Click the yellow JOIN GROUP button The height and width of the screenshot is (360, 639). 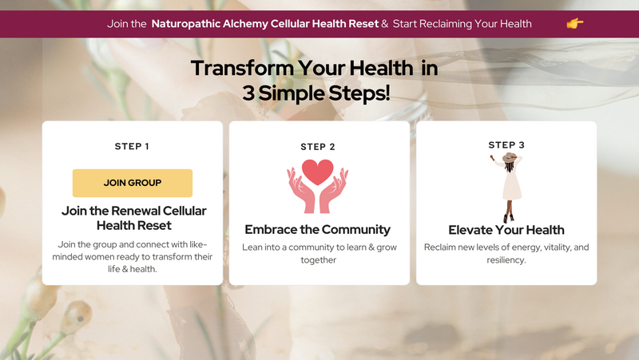[133, 183]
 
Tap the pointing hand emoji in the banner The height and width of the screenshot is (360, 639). [574, 24]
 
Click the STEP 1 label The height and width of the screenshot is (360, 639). [132, 146]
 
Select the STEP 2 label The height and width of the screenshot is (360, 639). [318, 147]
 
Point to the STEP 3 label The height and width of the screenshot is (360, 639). [506, 145]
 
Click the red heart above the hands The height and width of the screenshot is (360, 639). [317, 172]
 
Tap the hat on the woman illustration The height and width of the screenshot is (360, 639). [510, 157]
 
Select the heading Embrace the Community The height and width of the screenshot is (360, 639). [317, 230]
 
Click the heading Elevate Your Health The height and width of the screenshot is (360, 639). [506, 230]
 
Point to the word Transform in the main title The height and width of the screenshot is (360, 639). [242, 68]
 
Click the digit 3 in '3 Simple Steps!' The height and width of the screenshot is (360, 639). [248, 93]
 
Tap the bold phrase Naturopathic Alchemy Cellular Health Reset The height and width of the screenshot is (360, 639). [265, 24]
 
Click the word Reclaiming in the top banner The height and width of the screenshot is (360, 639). [446, 24]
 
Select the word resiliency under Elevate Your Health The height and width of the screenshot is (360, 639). [506, 259]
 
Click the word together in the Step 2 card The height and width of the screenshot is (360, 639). [318, 259]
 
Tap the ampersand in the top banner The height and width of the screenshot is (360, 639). [385, 24]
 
